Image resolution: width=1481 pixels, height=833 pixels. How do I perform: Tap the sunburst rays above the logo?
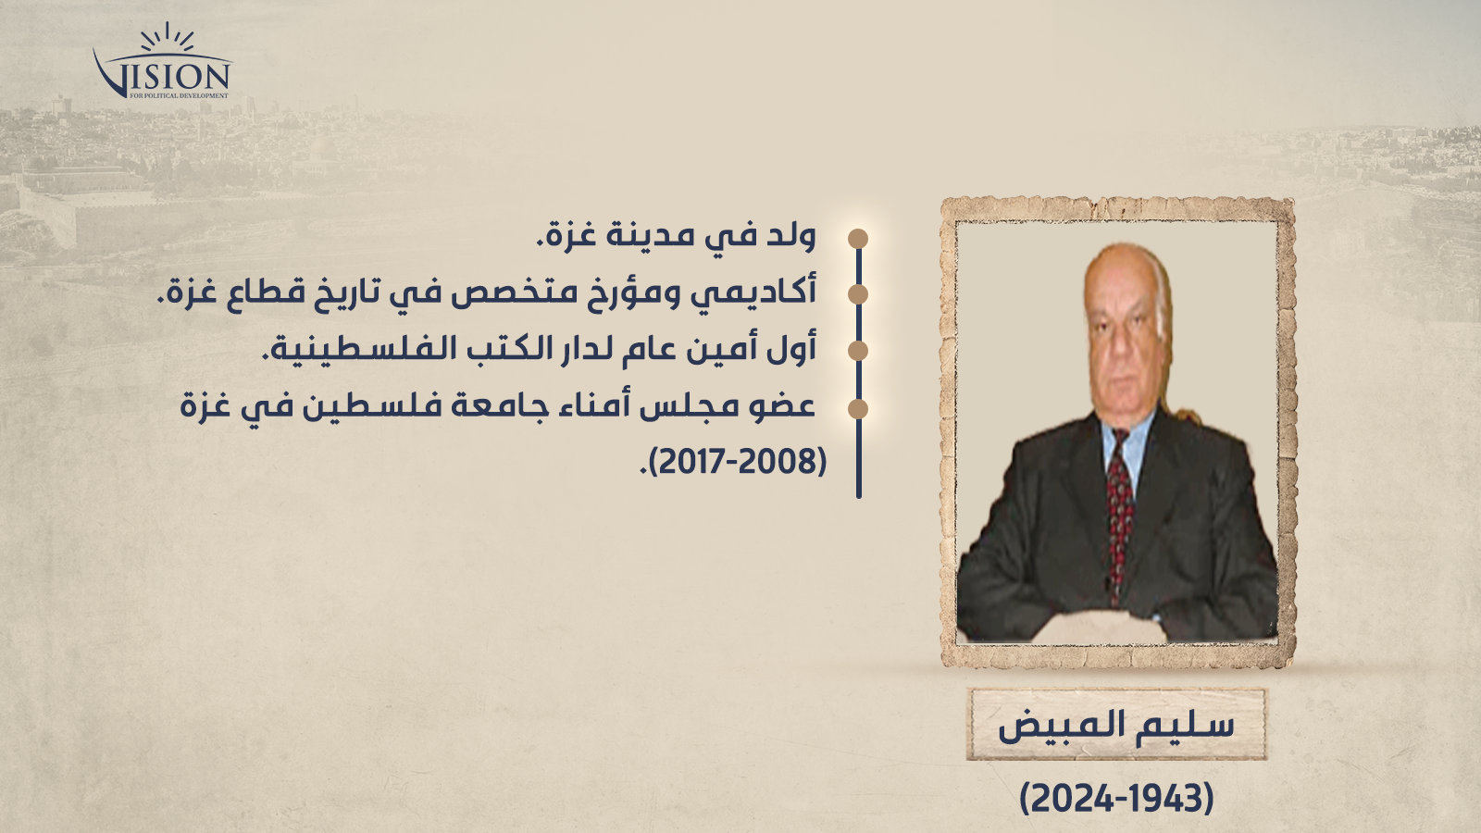point(168,37)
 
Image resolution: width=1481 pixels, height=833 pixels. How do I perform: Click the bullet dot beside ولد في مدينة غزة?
point(857,239)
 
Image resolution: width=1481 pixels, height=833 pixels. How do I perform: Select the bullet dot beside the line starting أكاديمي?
point(857,294)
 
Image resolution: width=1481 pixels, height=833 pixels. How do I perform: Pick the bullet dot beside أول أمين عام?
point(857,351)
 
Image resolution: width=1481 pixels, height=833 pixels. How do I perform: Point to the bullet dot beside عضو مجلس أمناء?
point(857,409)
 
